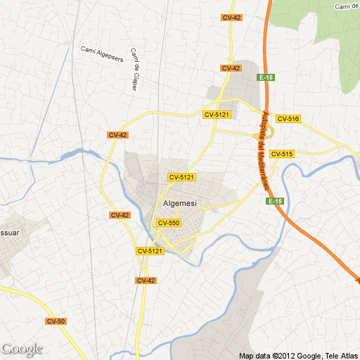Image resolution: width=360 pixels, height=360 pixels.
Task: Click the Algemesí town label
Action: click(179, 203)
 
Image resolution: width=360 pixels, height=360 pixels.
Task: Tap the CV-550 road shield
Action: click(169, 223)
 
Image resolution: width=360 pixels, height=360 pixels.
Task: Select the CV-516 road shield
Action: click(288, 119)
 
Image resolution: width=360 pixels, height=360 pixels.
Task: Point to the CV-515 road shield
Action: click(281, 154)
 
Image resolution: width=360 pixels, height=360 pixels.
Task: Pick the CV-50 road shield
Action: click(56, 321)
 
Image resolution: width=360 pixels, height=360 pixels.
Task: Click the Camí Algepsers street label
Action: click(102, 54)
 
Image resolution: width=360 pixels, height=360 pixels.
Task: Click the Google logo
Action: click(22, 349)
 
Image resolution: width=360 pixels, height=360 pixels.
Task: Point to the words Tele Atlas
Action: click(340, 354)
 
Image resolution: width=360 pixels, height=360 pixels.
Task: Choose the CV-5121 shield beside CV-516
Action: click(217, 114)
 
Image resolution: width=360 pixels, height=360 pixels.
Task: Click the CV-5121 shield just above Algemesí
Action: click(181, 177)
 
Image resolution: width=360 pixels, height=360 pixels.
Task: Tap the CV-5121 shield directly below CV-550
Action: click(150, 250)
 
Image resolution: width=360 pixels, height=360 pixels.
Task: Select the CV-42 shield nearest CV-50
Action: click(146, 280)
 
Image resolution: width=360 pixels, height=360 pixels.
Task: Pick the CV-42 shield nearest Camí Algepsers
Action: click(117, 134)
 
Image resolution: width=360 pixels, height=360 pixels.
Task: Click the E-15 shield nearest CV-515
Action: click(275, 202)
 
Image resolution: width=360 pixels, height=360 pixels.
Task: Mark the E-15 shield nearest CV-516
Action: click(265, 78)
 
